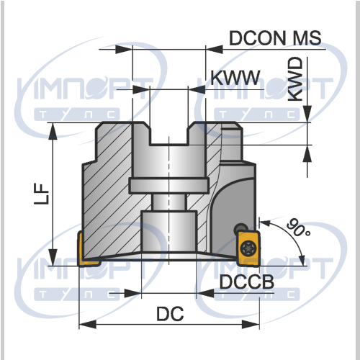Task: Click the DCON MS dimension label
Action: (x=275, y=38)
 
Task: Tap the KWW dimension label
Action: (x=235, y=78)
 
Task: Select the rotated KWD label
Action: (x=295, y=79)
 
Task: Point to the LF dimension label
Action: (x=42, y=194)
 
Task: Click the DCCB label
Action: (x=247, y=282)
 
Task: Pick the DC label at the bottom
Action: (x=170, y=314)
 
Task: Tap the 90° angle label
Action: (x=298, y=228)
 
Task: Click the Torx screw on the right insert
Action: (x=248, y=248)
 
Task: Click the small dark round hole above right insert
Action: (x=241, y=228)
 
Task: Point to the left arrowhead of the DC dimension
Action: (x=88, y=325)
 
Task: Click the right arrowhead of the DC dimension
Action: (x=251, y=325)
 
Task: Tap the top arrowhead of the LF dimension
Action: (x=53, y=132)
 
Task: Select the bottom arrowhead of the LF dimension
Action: (x=53, y=257)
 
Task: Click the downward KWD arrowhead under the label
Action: (x=307, y=114)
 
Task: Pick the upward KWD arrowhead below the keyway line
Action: (x=307, y=153)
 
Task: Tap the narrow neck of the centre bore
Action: (x=169, y=202)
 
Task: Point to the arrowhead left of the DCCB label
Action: (x=205, y=293)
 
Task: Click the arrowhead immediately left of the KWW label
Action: (x=197, y=89)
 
